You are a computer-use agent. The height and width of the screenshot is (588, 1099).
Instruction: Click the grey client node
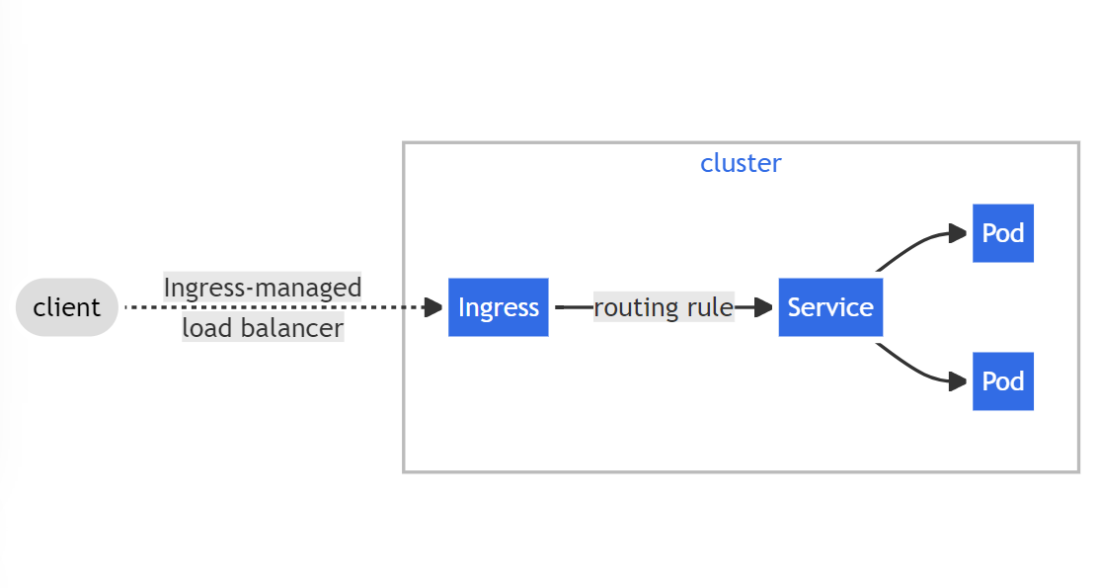pyautogui.click(x=66, y=307)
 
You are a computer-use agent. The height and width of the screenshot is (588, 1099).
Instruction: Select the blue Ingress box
pyautogui.click(x=499, y=307)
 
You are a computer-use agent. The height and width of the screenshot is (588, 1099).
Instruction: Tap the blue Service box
pyautogui.click(x=830, y=307)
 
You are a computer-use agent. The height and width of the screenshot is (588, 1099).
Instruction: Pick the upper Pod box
pyautogui.click(x=1003, y=233)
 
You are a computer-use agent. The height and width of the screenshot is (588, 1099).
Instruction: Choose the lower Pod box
pyautogui.click(x=1003, y=381)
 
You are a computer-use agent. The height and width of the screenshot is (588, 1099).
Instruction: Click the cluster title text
pyautogui.click(x=741, y=163)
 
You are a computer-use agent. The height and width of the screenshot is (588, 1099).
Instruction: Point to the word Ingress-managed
pyautogui.click(x=262, y=288)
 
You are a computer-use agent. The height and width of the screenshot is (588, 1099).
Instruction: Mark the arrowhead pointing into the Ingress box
pyautogui.click(x=433, y=307)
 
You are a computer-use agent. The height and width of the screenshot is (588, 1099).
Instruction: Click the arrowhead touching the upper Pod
pyautogui.click(x=958, y=233)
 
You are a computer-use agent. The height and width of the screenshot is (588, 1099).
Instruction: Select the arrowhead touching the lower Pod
pyautogui.click(x=958, y=381)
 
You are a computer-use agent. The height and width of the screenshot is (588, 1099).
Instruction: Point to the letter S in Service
pyautogui.click(x=795, y=307)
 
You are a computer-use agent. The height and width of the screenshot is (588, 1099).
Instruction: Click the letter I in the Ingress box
pyautogui.click(x=461, y=307)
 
